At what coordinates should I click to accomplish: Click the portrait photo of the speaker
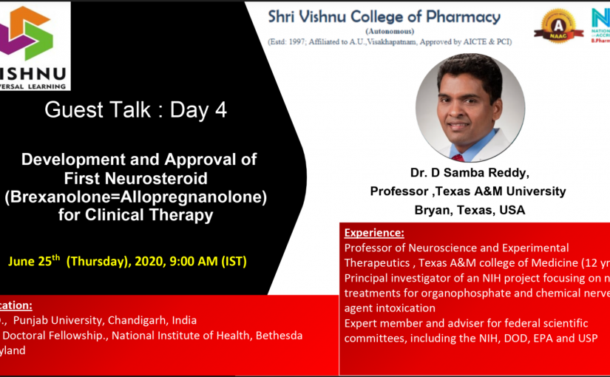(470, 107)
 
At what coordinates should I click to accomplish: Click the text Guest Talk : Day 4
(135, 110)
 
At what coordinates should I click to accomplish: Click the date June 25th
(34, 261)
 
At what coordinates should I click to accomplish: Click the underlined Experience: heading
(374, 233)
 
